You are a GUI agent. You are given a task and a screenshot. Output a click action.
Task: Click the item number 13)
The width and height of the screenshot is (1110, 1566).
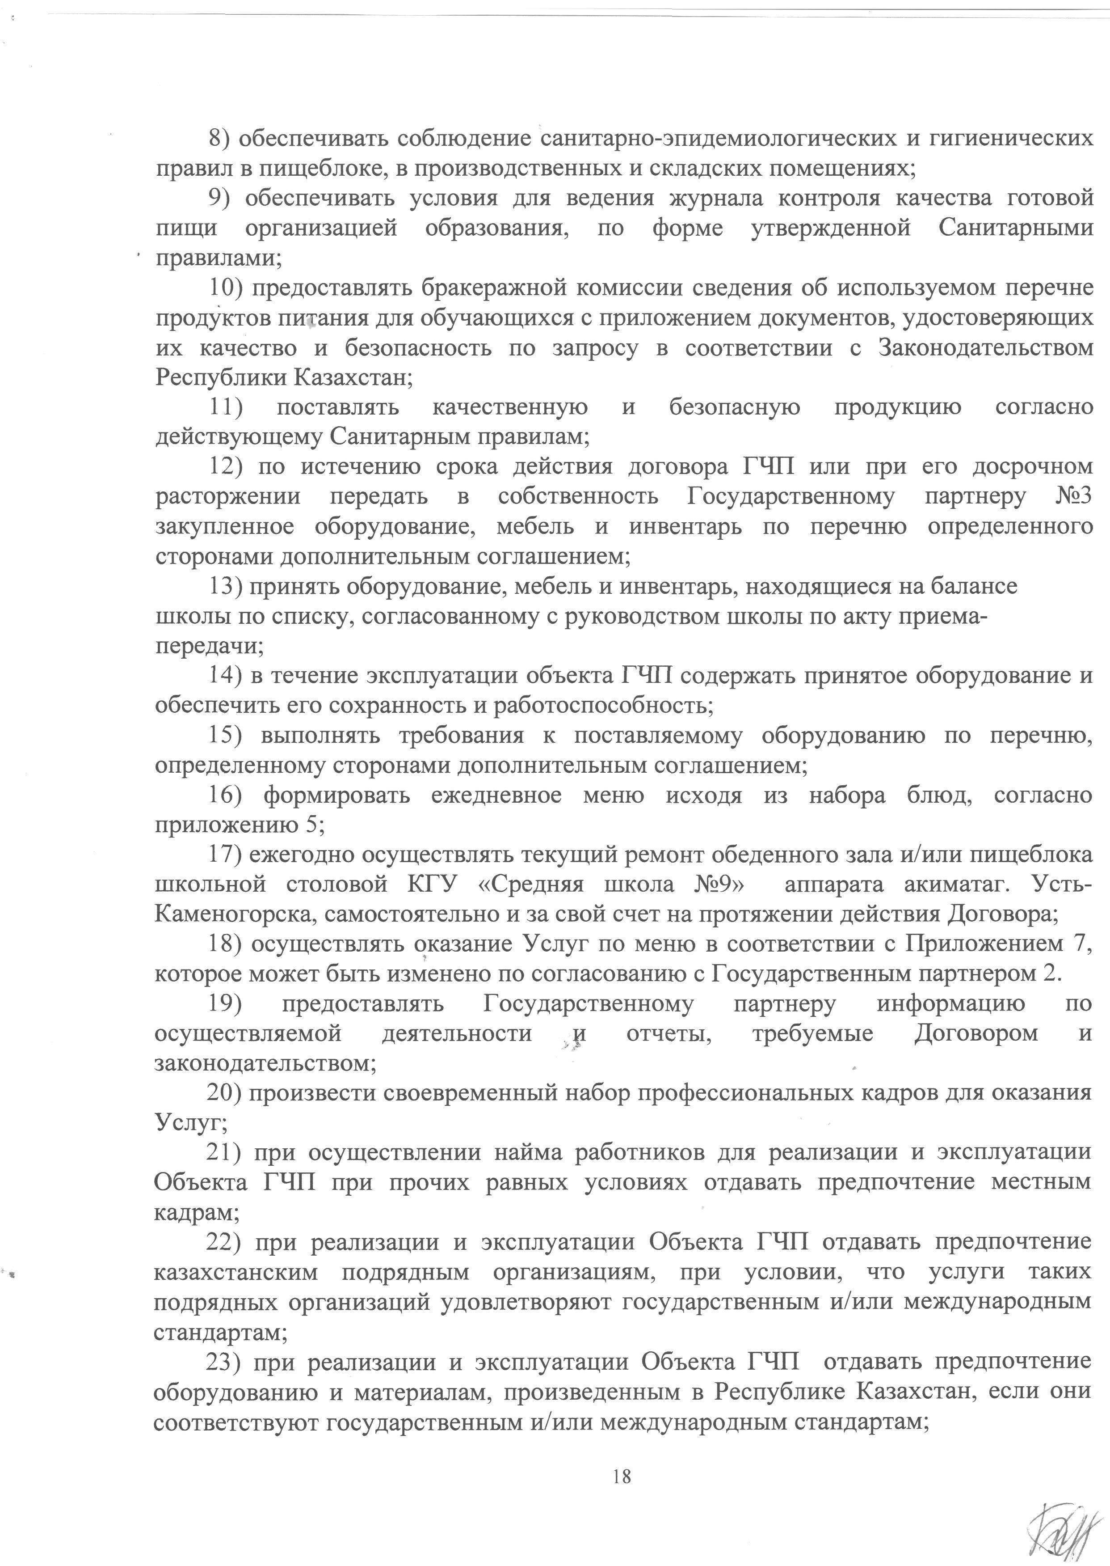point(225,586)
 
